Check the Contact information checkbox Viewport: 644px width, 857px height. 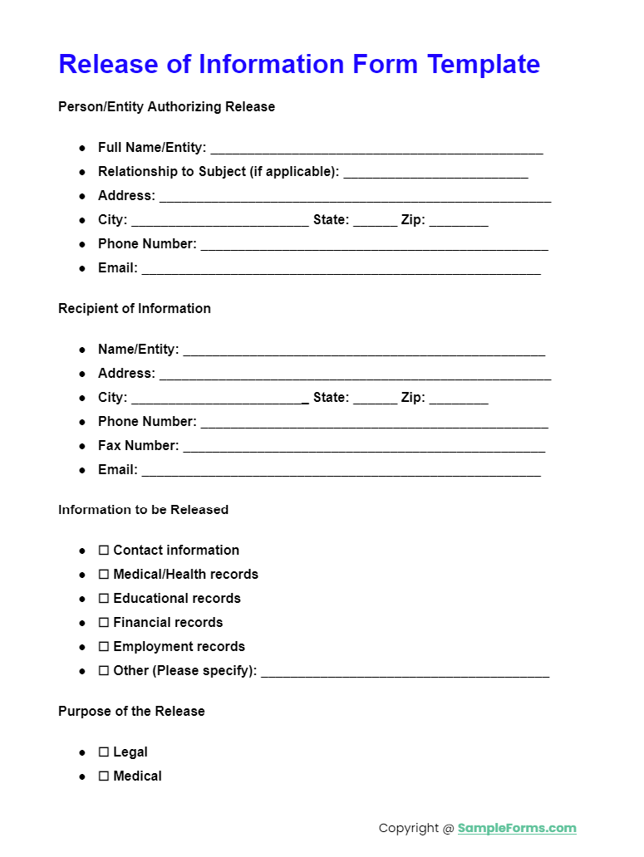tap(104, 551)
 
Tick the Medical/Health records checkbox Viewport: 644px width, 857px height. tap(104, 575)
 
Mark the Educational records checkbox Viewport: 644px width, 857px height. tap(104, 599)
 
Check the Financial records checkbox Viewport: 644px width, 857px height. tap(104, 623)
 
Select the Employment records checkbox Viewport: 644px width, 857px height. tap(104, 647)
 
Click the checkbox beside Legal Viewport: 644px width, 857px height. tap(104, 752)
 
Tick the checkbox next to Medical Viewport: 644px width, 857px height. tap(104, 776)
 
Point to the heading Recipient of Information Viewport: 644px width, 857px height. tap(135, 309)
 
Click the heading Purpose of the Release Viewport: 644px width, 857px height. tap(131, 712)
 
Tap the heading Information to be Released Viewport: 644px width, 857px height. tap(143, 510)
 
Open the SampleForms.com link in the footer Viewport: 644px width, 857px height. tap(516, 828)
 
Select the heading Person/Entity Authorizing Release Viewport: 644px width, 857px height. tap(166, 107)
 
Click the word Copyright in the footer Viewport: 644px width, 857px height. tap(409, 828)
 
